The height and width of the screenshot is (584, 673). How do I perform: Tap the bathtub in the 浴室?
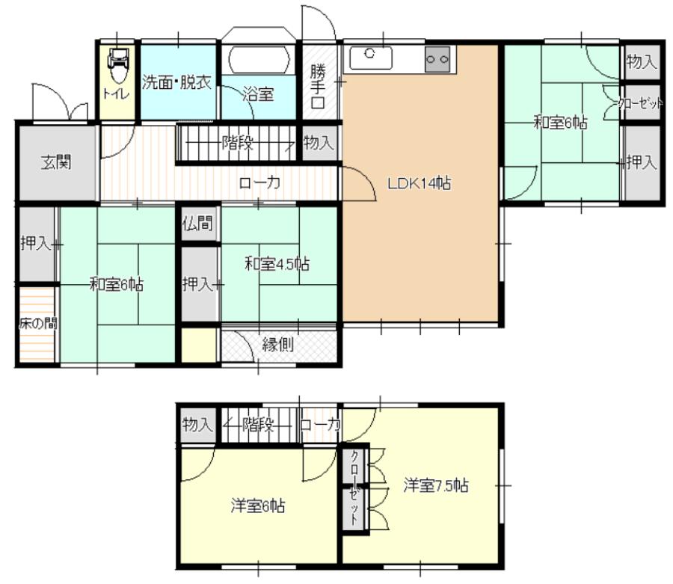(x=258, y=60)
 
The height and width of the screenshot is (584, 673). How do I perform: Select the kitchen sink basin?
(x=371, y=58)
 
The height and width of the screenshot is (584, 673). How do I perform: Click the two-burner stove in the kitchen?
(x=437, y=59)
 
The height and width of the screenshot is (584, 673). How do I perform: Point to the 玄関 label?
(x=56, y=162)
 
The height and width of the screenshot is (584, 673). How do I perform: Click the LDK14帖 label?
(x=419, y=184)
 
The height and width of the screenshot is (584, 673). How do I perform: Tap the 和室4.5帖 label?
(x=277, y=263)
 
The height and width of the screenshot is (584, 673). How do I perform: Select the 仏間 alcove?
(x=198, y=224)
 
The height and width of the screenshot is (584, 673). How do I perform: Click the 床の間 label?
(x=38, y=323)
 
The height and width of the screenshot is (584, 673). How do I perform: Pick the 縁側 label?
(x=277, y=344)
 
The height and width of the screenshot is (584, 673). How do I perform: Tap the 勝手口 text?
(x=318, y=87)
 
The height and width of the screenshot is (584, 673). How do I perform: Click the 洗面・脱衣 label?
(x=176, y=82)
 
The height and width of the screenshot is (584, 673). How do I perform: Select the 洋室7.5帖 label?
(x=436, y=485)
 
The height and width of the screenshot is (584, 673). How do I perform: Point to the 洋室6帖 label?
(x=257, y=505)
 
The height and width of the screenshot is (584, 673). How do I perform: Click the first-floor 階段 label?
(x=237, y=143)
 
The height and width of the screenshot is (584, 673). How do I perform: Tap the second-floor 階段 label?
(x=258, y=425)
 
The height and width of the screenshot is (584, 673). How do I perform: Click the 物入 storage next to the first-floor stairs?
(x=319, y=143)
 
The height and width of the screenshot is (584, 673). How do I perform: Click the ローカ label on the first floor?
(x=259, y=183)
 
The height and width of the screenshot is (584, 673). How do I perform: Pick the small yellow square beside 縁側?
(x=199, y=345)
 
